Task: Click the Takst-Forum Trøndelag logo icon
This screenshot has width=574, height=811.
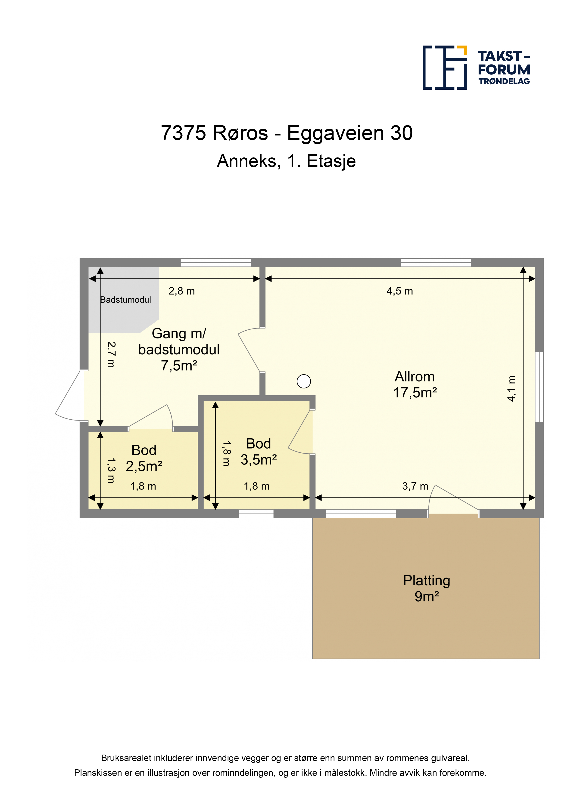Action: [x=445, y=68]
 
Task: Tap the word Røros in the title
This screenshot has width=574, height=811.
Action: [x=240, y=133]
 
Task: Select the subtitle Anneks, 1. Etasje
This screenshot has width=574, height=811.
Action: [x=287, y=161]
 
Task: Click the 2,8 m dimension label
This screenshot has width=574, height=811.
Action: [x=181, y=291]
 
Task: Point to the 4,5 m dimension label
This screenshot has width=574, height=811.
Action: [x=400, y=291]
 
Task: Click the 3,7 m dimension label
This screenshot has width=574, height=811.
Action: [x=415, y=486]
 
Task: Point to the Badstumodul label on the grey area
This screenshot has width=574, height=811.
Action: [x=125, y=300]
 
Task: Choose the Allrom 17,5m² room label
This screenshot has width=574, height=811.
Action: [x=415, y=385]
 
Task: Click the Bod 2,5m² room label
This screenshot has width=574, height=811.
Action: [x=144, y=458]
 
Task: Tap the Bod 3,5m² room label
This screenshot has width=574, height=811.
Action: [x=259, y=452]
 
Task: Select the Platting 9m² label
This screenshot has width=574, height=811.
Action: [x=427, y=588]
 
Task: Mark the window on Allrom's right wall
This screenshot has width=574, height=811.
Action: [x=539, y=387]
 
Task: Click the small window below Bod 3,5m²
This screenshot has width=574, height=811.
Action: [x=256, y=514]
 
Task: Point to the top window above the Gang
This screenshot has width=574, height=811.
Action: [x=216, y=262]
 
